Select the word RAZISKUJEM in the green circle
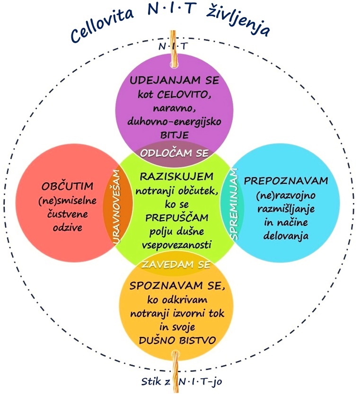pos(175,177)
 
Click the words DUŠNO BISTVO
pos(175,340)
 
